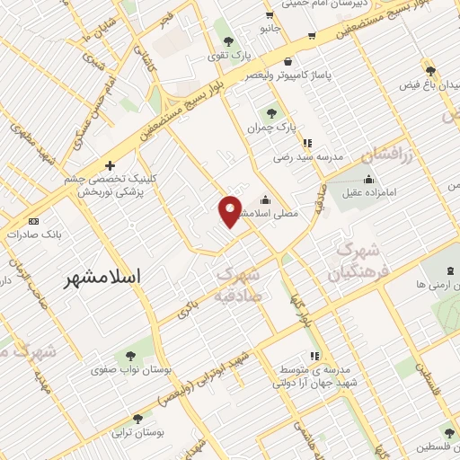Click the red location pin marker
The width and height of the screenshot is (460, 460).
point(230,210)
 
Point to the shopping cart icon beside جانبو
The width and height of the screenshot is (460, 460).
point(311,37)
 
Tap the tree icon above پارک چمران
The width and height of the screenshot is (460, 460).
point(270,113)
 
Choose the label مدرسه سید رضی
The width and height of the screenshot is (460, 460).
point(309,157)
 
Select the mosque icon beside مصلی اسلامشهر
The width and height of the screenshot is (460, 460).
point(264,200)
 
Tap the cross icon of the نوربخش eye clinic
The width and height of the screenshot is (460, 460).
point(110,165)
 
